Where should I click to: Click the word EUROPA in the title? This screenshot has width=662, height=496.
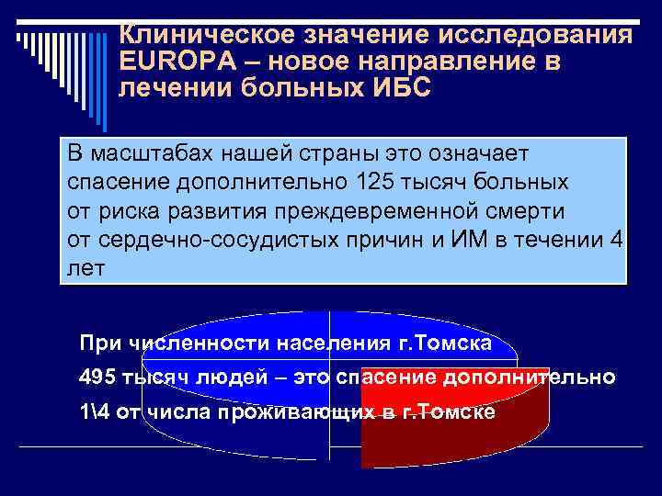coord(168,63)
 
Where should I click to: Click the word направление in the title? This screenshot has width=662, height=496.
coord(450,63)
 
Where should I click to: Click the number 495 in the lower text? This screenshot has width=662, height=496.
coord(97,378)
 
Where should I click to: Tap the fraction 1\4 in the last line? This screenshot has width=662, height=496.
coord(97,411)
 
